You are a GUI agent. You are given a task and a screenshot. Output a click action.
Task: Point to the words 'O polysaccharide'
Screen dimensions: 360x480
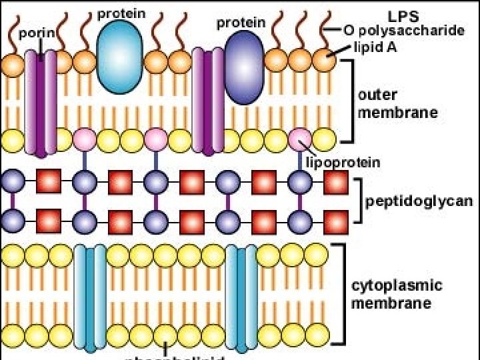(404, 30)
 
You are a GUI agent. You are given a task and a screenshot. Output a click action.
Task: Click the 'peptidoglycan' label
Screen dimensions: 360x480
(419, 200)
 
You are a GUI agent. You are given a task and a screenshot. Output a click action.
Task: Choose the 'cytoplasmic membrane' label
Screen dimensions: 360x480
(396, 294)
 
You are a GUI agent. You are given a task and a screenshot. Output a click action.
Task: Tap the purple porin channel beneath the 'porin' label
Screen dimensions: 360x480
(41, 103)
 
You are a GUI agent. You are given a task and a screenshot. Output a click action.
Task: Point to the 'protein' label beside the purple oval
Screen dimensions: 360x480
(241, 22)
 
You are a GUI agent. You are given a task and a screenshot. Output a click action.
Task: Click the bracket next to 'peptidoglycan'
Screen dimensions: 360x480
(361, 200)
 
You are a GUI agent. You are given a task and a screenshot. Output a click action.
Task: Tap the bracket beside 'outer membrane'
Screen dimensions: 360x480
(350, 101)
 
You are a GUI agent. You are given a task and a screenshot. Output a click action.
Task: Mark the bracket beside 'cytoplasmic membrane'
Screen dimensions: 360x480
(343, 294)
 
